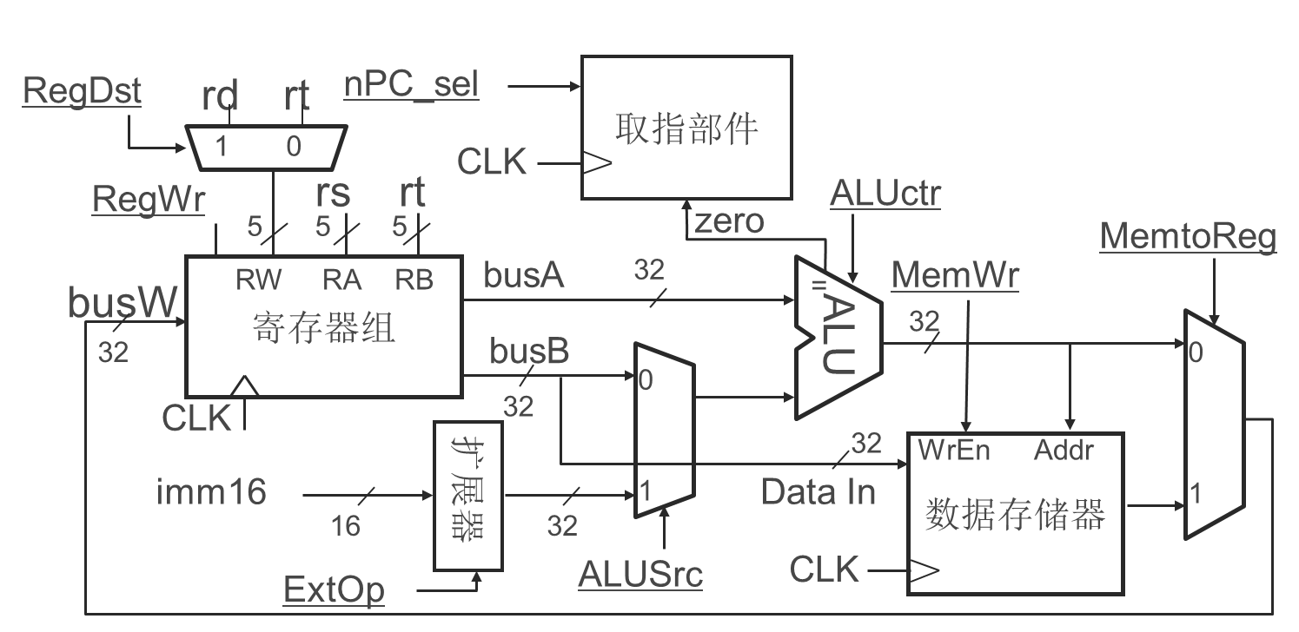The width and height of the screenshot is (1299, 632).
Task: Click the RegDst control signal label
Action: point(82,90)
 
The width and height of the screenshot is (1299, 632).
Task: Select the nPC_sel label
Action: point(411,86)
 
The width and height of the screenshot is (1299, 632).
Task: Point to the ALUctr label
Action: point(885,194)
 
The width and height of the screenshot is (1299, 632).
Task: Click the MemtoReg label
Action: point(1188,237)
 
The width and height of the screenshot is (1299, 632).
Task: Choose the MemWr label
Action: point(956,275)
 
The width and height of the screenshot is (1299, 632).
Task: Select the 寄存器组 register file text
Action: point(324,329)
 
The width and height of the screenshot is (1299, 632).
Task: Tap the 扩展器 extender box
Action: point(467,496)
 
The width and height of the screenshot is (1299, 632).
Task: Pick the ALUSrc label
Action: point(640,574)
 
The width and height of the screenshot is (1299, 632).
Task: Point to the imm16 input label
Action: point(211,492)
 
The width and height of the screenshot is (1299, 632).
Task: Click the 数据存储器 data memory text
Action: point(1015,515)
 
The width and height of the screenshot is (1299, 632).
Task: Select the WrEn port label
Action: point(954,450)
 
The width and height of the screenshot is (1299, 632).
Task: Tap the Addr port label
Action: point(1064,450)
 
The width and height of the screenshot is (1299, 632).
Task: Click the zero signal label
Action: point(728,221)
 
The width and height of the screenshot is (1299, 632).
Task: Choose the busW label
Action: point(123,303)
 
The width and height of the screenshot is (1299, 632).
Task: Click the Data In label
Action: point(818,492)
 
